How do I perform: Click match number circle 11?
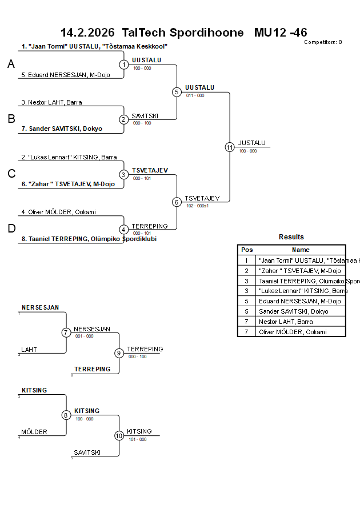(230, 147)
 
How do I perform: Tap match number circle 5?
(177, 92)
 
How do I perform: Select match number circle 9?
(119, 353)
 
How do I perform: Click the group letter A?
(11, 65)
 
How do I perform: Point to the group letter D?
(11, 229)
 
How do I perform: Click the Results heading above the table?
(291, 237)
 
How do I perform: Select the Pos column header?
(247, 250)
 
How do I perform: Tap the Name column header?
(301, 250)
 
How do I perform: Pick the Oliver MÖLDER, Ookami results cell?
(293, 332)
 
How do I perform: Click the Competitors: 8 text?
(323, 42)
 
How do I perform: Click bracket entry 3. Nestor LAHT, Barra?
(51, 103)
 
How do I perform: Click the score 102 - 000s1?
(198, 206)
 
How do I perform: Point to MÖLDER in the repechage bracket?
(34, 432)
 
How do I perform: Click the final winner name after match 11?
(252, 143)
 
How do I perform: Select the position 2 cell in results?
(246, 271)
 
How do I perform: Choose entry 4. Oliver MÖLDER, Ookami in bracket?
(58, 213)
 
